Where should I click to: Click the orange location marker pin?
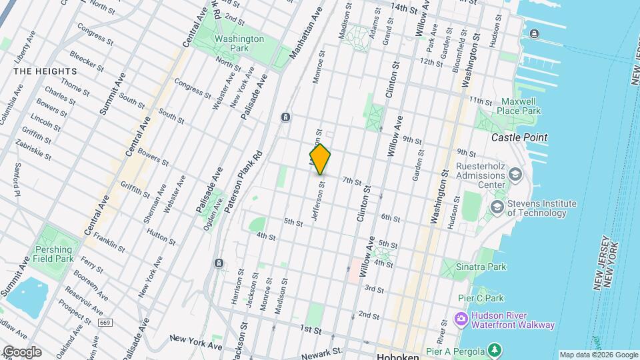[320, 159]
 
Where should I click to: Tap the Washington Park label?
[239, 43]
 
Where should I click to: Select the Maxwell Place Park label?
[521, 106]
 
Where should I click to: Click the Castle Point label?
[519, 137]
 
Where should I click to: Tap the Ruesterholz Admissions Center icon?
[514, 175]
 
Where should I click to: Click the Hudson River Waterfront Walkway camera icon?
[461, 319]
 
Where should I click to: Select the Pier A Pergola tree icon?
[495, 349]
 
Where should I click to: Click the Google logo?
[21, 352]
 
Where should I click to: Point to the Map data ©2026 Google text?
[599, 355]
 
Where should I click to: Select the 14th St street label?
[408, 7]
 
